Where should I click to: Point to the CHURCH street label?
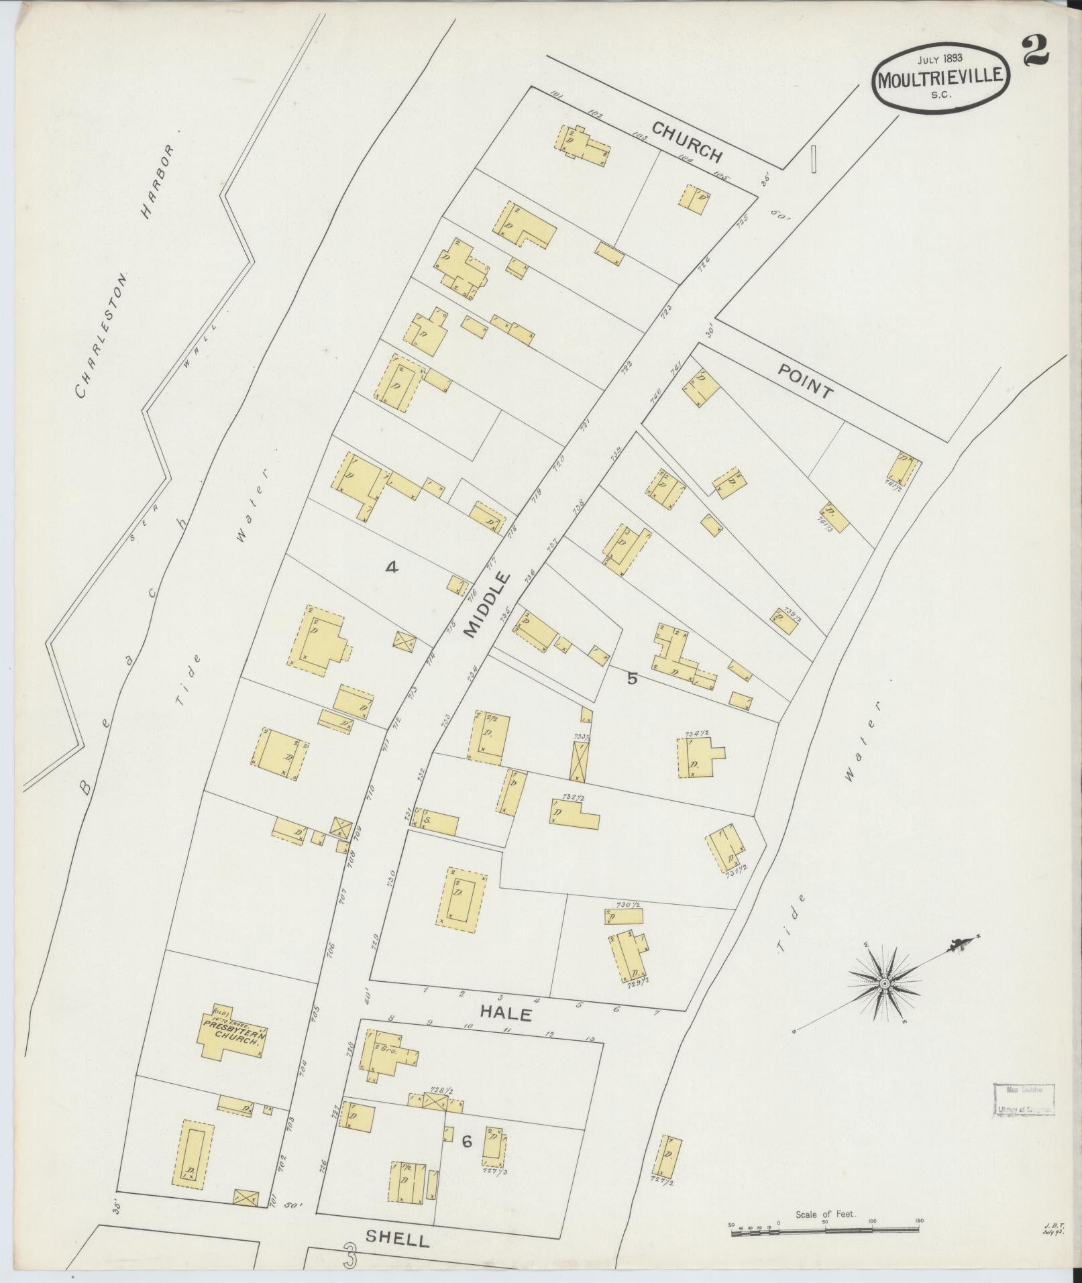click(687, 142)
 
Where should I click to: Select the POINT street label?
click(805, 381)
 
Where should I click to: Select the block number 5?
click(632, 678)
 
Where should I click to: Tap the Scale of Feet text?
click(825, 1215)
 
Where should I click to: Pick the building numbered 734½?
click(696, 758)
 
